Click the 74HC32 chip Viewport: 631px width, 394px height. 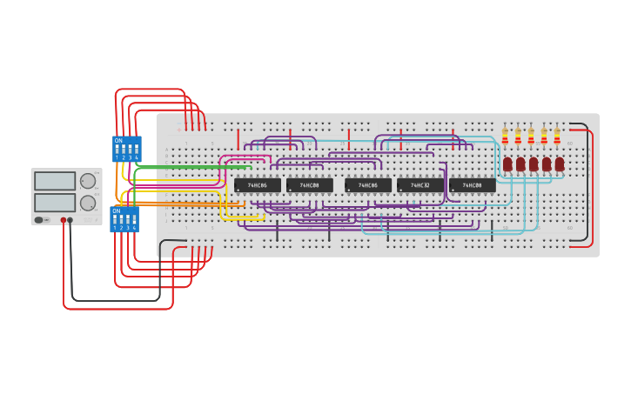click(x=420, y=185)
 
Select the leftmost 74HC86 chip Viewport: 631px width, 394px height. click(x=258, y=185)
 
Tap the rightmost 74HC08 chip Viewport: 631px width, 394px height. click(x=473, y=185)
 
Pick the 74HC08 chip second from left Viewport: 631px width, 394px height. click(x=310, y=185)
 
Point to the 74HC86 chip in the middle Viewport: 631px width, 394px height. click(x=368, y=185)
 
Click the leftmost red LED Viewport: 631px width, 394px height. click(x=507, y=164)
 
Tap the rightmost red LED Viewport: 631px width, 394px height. click(x=560, y=164)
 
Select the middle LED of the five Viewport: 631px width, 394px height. click(x=534, y=164)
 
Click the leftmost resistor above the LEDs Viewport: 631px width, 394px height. click(x=505, y=136)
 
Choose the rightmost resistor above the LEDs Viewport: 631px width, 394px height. click(x=557, y=136)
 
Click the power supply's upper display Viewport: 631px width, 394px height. click(x=55, y=181)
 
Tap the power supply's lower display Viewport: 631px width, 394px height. click(x=55, y=202)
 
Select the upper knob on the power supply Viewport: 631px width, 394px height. click(x=88, y=181)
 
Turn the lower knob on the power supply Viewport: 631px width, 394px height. click(x=88, y=203)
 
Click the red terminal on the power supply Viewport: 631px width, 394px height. click(x=64, y=220)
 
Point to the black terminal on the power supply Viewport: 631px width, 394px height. click(x=70, y=220)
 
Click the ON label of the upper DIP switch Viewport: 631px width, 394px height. click(x=117, y=140)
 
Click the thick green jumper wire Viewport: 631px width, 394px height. click(x=191, y=166)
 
